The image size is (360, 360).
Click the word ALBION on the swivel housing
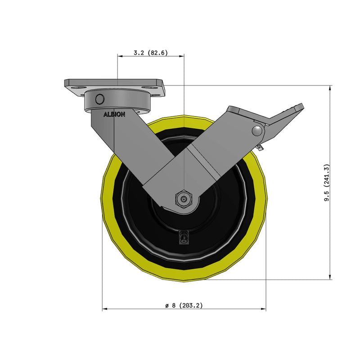tap(115, 114)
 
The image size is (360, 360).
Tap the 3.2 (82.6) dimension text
tap(151, 53)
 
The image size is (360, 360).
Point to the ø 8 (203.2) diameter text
tap(184, 306)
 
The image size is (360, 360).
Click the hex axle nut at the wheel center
tap(184, 198)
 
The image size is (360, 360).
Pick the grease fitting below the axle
tap(184, 237)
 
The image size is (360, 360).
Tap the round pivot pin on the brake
tap(257, 131)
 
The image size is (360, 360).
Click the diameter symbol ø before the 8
tap(167, 306)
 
